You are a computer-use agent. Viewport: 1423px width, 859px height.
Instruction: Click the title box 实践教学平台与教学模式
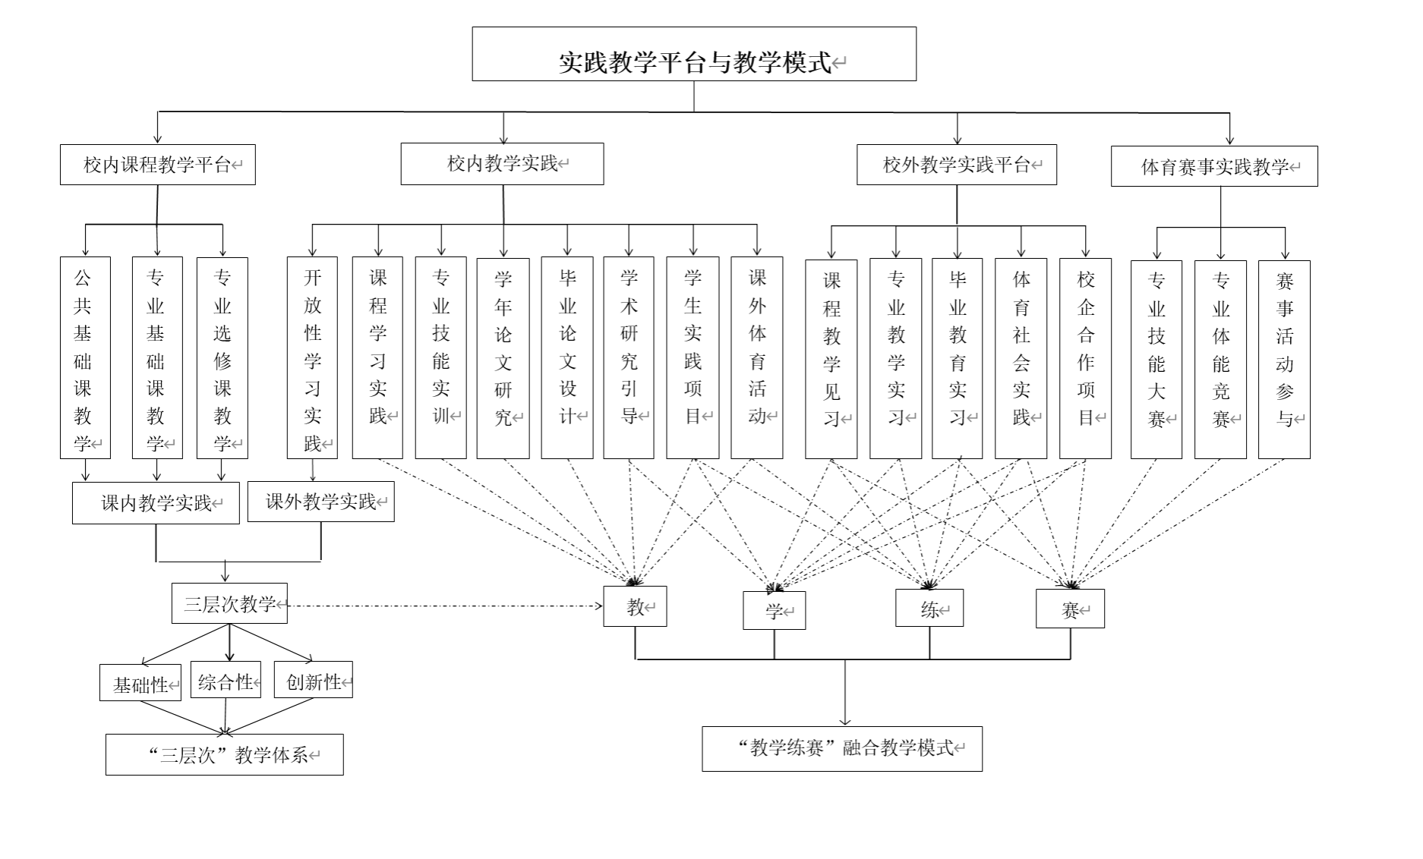(x=693, y=54)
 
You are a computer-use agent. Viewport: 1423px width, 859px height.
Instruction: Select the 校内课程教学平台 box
(x=157, y=165)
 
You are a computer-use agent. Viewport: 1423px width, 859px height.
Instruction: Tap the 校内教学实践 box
(x=502, y=164)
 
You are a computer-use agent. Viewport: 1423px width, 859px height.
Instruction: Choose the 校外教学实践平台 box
(x=956, y=165)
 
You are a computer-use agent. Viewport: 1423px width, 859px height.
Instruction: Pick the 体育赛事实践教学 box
(x=1213, y=166)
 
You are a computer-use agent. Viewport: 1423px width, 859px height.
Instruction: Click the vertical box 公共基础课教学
(x=85, y=357)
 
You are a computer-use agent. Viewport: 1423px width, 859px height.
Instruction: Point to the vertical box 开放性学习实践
(x=312, y=357)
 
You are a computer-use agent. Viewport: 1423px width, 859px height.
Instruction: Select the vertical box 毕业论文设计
(x=566, y=357)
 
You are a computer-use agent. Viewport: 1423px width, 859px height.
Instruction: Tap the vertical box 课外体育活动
(x=756, y=357)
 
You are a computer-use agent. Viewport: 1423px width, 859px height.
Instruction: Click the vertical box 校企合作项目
(x=1085, y=359)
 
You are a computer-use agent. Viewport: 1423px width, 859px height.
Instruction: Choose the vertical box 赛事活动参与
(x=1283, y=360)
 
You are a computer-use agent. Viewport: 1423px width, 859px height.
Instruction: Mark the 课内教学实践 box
(x=156, y=503)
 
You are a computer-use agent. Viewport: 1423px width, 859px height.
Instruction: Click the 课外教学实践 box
(x=320, y=502)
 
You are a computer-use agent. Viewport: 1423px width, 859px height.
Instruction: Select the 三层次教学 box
(x=229, y=603)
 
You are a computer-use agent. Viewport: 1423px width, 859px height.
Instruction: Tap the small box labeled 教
(x=635, y=606)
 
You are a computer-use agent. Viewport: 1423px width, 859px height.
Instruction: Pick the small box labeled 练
(x=929, y=609)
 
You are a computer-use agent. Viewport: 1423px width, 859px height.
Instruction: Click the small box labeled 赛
(x=1069, y=609)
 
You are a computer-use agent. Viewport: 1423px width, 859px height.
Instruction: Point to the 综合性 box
(x=226, y=680)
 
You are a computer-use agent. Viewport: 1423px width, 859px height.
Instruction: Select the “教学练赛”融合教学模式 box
(x=841, y=749)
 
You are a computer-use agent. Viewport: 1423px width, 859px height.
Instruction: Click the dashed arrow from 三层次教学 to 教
(x=444, y=606)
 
